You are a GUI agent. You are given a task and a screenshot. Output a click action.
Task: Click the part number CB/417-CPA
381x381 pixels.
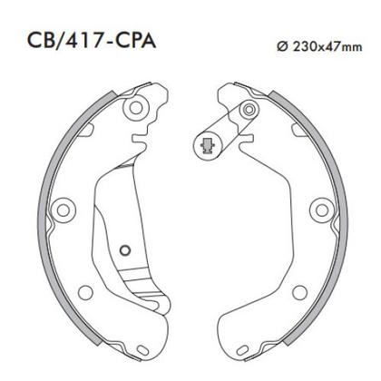[x=92, y=41]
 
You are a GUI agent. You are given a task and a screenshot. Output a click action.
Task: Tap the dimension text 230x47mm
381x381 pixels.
[x=327, y=46]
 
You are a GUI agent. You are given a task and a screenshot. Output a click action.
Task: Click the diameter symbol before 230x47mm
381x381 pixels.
[x=282, y=46]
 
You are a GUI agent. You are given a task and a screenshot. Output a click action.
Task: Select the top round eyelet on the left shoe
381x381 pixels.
[x=136, y=107]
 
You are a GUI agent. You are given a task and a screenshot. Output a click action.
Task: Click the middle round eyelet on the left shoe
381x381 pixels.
[x=63, y=210]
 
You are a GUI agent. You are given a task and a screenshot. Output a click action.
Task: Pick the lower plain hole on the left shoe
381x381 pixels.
[x=85, y=292]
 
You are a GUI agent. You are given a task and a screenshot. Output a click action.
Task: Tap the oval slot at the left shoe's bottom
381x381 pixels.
[x=142, y=350]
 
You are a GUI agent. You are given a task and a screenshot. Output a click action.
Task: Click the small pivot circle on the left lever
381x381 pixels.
[x=125, y=250]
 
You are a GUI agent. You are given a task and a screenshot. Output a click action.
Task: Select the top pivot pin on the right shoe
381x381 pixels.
[x=249, y=109]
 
